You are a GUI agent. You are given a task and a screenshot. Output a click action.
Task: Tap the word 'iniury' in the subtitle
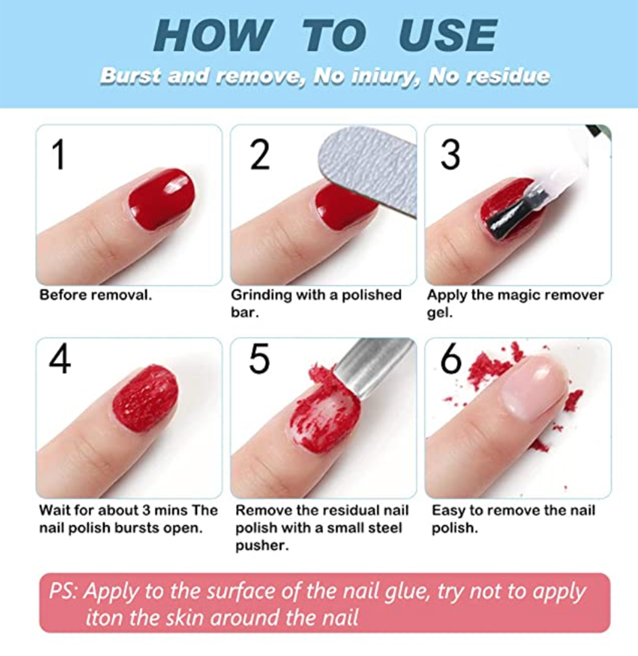[384, 76]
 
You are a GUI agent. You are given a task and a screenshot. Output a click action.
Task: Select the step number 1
[59, 154]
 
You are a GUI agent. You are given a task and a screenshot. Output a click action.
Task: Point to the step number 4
[59, 360]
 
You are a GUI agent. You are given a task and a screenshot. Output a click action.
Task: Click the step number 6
[451, 360]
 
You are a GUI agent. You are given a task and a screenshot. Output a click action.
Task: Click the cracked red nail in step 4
[145, 398]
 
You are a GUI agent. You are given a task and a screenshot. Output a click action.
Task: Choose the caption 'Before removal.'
[95, 295]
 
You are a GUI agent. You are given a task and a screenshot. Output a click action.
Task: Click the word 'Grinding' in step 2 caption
[262, 295]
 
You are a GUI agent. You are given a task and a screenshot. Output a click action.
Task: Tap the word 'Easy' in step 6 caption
[447, 511]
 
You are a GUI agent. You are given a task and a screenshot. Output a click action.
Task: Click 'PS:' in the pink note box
[66, 592]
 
